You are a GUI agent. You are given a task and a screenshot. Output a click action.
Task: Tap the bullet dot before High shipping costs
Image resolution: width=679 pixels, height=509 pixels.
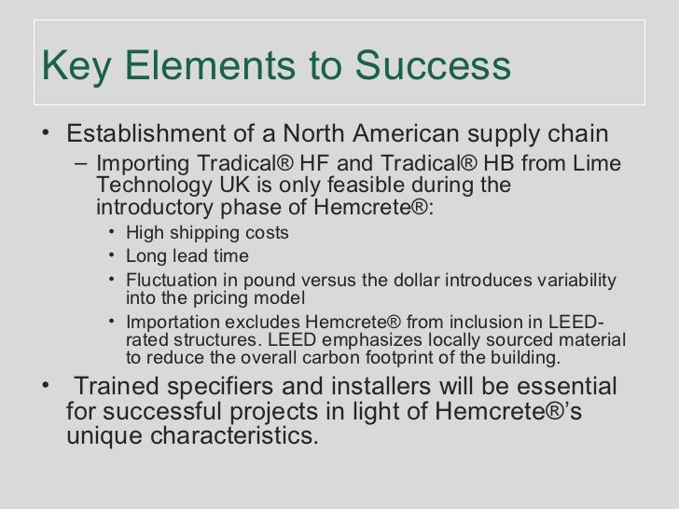click(x=112, y=232)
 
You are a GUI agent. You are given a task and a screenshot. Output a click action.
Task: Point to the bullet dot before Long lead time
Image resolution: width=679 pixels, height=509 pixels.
click(x=112, y=256)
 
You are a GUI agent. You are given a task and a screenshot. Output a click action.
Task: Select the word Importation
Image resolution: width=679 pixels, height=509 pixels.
click(x=168, y=323)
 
